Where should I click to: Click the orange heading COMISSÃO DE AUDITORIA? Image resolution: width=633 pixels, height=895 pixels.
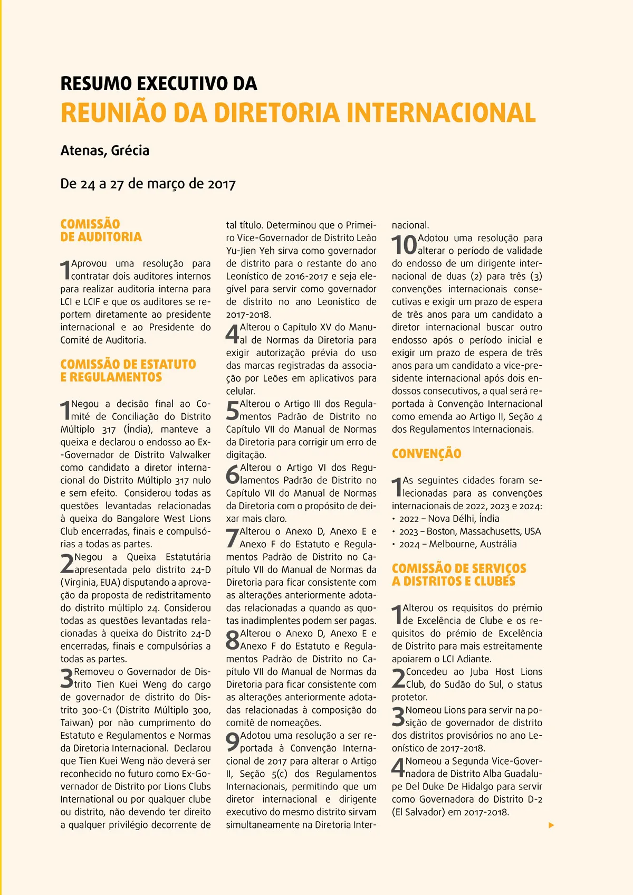101,231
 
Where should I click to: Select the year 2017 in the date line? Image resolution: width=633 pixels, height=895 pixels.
222,184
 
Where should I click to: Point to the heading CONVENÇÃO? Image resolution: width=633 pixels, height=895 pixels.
426,454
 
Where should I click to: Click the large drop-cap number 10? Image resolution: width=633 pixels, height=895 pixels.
404,245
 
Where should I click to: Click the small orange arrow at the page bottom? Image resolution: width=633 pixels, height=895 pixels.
551,825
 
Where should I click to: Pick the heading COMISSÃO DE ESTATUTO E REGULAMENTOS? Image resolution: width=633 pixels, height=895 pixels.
128,371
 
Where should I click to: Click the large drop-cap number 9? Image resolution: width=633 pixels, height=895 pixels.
232,742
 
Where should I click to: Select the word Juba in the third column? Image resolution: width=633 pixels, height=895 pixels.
479,672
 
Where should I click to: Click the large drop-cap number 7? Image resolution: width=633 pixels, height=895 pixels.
232,538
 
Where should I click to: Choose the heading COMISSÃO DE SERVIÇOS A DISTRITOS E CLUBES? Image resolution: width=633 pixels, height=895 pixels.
458,575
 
